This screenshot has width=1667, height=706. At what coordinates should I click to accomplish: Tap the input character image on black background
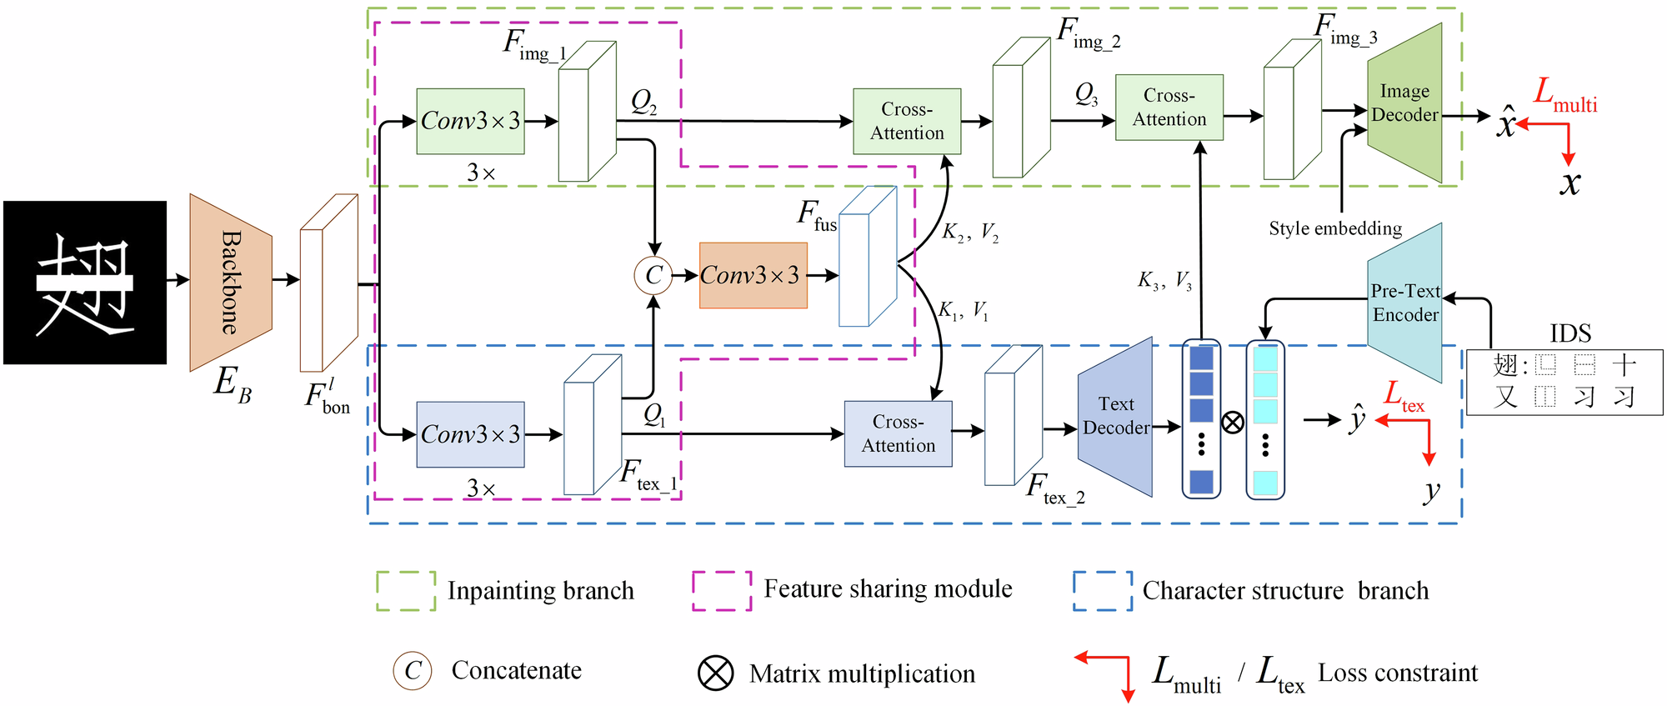tap(85, 283)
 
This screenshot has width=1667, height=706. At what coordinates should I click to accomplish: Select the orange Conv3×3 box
tap(753, 276)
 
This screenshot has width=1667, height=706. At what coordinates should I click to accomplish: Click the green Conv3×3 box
tap(470, 122)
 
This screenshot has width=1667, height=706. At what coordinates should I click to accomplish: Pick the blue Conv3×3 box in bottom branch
tap(470, 434)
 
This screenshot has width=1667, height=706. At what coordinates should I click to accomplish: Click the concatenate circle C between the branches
tap(653, 275)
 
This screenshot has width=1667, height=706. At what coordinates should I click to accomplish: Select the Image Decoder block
tap(1404, 103)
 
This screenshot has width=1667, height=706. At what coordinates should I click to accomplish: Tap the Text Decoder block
tap(1115, 417)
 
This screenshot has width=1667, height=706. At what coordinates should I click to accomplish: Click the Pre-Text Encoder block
tap(1405, 303)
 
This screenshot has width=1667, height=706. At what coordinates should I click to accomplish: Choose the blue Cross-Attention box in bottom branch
tap(898, 433)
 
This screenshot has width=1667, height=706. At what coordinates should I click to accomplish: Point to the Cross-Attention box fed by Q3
tap(1169, 108)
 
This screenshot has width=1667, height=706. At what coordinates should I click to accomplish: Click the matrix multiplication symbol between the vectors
tap(1233, 422)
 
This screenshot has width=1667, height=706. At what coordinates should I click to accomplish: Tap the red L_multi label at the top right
tap(1565, 95)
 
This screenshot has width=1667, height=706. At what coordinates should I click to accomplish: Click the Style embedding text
tap(1335, 228)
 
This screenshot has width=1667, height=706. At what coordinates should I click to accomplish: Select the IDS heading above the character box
tap(1570, 333)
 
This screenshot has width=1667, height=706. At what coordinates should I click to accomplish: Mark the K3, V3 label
tap(1164, 280)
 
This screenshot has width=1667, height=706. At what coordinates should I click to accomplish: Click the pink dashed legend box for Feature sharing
tap(722, 591)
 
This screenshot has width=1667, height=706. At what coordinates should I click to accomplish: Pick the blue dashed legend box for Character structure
tap(1103, 591)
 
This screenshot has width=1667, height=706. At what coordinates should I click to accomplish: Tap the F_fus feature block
tap(868, 257)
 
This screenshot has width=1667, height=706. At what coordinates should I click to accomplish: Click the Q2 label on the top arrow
tap(643, 103)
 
